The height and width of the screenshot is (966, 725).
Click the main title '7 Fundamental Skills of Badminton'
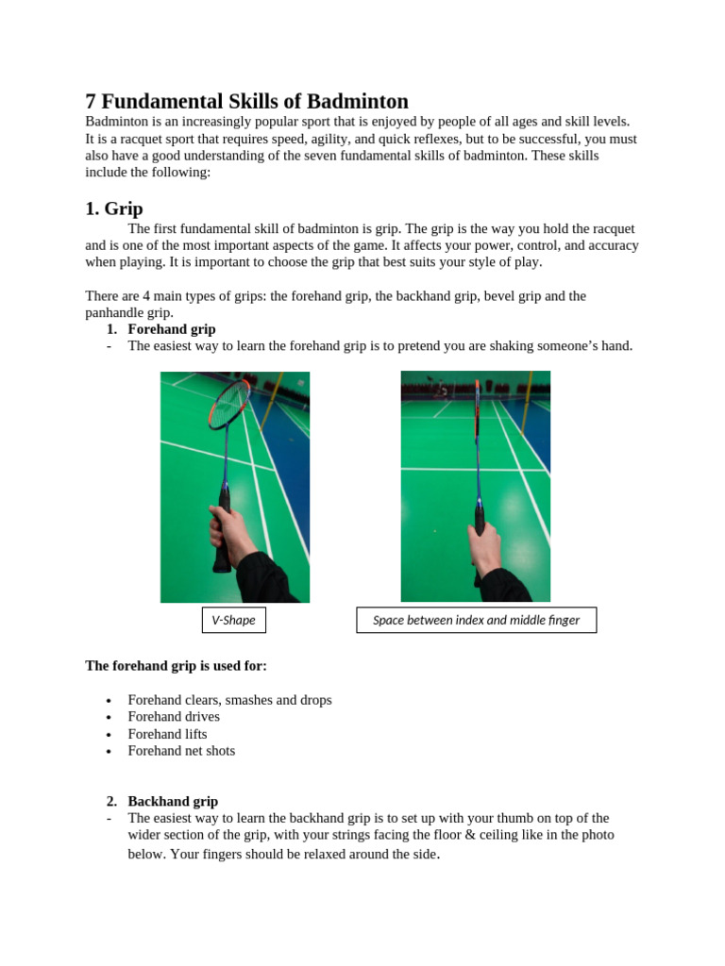coord(246,102)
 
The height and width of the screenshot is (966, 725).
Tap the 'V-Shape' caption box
coord(234,620)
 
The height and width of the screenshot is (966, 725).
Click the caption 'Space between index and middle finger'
coord(476,620)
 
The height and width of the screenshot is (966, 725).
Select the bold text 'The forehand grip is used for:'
coord(176,666)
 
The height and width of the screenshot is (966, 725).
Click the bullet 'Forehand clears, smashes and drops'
coord(229,700)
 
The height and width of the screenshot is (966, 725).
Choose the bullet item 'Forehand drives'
coord(174,717)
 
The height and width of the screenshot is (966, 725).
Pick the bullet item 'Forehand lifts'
coord(167,734)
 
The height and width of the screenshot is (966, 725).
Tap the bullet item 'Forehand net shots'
coord(181,751)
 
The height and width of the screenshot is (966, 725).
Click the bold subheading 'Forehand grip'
coord(172,329)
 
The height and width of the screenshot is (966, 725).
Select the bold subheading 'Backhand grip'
coord(173,801)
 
